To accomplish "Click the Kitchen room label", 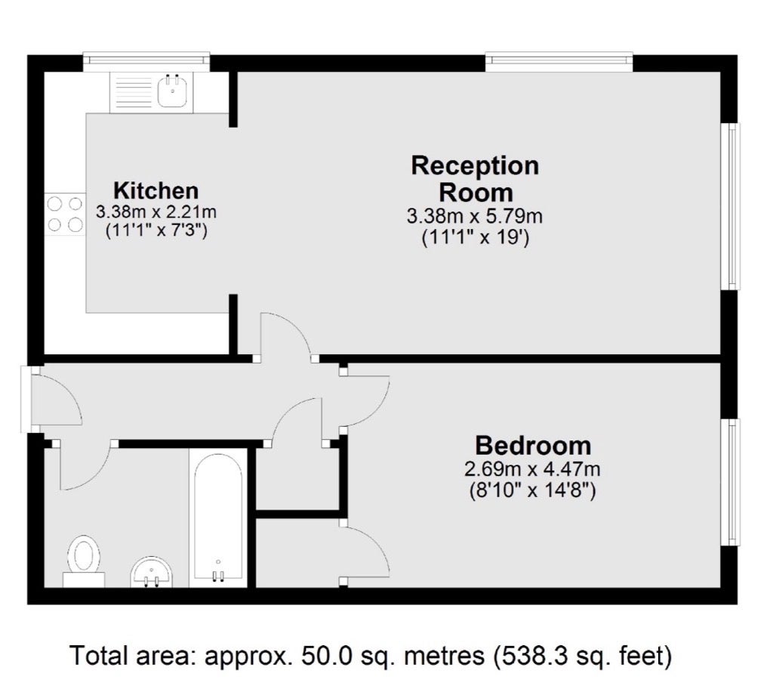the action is (156, 190).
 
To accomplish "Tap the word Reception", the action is (476, 166).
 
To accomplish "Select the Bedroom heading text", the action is (533, 446).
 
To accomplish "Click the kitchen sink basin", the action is (172, 93).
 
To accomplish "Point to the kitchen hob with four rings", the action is (65, 215).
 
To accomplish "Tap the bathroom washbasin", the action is (152, 573).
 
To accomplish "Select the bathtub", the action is (218, 518).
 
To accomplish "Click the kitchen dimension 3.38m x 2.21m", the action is (156, 213).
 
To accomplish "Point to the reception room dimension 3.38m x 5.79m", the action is (475, 216).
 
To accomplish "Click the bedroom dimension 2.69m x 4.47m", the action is (532, 468).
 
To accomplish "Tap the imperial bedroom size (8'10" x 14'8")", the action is (532, 490).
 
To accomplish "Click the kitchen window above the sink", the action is (146, 59).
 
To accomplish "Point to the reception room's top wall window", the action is (559, 59).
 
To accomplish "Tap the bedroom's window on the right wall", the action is (731, 482).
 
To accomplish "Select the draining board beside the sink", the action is (133, 93).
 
